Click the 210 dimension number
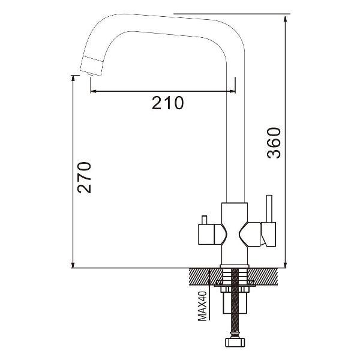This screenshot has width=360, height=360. [168, 103]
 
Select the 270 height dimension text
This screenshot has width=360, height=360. [84, 178]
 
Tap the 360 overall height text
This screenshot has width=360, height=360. [274, 143]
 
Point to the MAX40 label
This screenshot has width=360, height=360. [202, 306]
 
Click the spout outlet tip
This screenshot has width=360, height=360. [90, 74]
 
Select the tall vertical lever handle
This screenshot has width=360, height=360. [269, 209]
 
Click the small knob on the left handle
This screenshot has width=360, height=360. [204, 220]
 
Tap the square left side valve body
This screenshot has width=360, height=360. [206, 234]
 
